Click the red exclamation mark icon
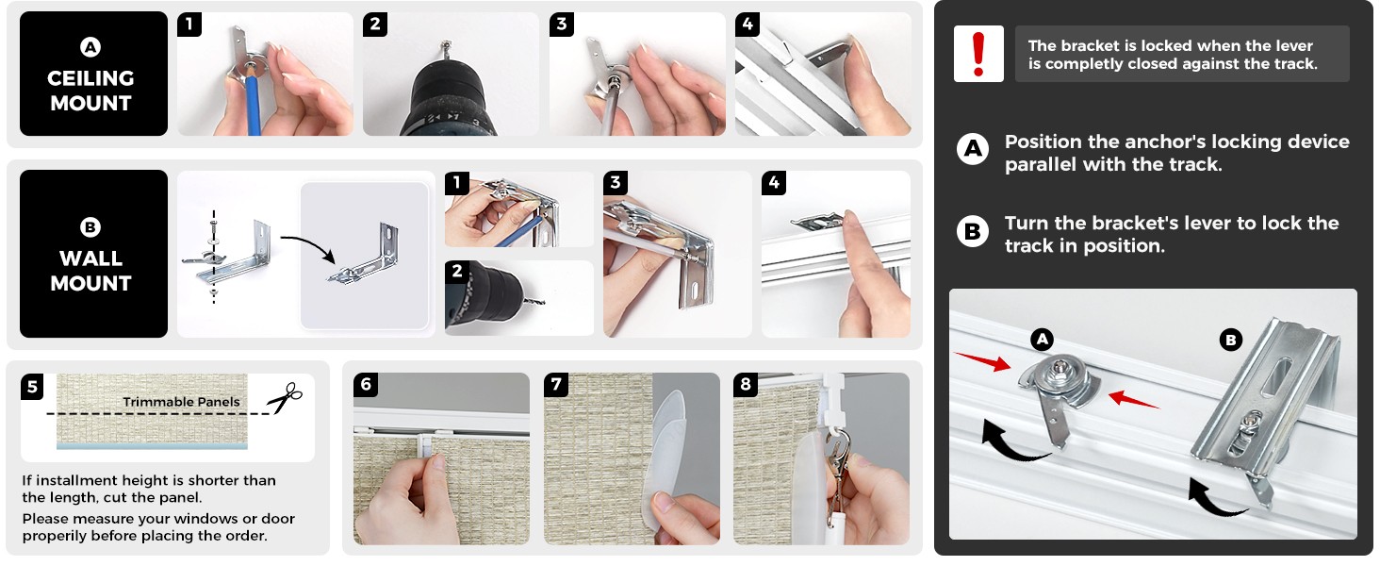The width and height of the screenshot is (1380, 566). pyautogui.click(x=978, y=54)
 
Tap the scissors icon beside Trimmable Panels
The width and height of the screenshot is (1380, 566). pyautogui.click(x=285, y=398)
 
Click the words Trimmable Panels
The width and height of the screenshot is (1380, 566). pyautogui.click(x=181, y=401)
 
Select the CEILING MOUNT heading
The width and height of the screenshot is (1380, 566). pyautogui.click(x=90, y=90)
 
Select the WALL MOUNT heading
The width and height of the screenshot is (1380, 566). pyautogui.click(x=90, y=270)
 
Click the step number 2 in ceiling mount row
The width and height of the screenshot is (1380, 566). pyautogui.click(x=374, y=25)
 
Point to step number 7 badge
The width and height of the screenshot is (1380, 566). pyautogui.click(x=556, y=384)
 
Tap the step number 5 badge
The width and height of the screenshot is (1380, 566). pyautogui.click(x=32, y=387)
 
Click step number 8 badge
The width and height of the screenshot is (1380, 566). pyautogui.click(x=746, y=384)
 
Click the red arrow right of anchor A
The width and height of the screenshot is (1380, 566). pyautogui.click(x=1133, y=400)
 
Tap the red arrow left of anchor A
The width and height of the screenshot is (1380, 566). pyautogui.click(x=982, y=361)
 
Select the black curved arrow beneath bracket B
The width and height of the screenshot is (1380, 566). pyautogui.click(x=1215, y=498)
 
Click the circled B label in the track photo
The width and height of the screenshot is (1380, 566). pyautogui.click(x=1230, y=340)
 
